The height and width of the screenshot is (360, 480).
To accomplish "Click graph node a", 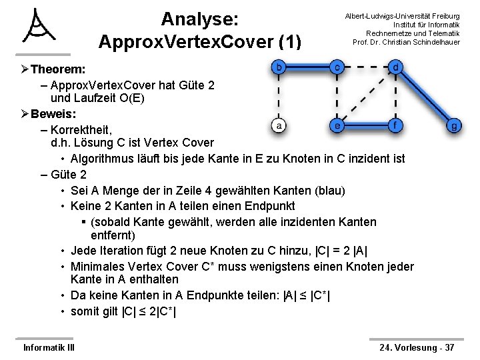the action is pyautogui.click(x=279, y=125).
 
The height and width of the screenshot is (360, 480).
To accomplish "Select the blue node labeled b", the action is pyautogui.click(x=279, y=67).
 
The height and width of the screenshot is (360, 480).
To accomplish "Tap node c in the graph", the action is pyautogui.click(x=338, y=67).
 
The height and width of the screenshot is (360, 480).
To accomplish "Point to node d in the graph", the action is pyautogui.click(x=396, y=67).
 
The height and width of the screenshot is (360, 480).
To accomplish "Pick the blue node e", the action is pyautogui.click(x=338, y=125).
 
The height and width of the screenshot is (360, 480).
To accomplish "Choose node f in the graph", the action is pyautogui.click(x=396, y=125).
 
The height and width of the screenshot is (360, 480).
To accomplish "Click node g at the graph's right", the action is pyautogui.click(x=454, y=125).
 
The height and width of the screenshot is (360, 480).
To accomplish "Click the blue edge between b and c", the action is pyautogui.click(x=308, y=67).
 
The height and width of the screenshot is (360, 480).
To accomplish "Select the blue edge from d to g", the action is pyautogui.click(x=425, y=97).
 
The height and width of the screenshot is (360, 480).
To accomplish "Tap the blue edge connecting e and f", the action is pyautogui.click(x=367, y=125).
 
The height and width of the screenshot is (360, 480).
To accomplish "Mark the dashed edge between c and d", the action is pyautogui.click(x=367, y=67).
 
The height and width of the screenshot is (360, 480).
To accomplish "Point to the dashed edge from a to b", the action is pyautogui.click(x=279, y=97).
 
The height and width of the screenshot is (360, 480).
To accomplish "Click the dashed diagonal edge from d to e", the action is pyautogui.click(x=367, y=97).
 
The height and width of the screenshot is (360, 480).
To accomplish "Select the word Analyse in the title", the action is pyautogui.click(x=199, y=18).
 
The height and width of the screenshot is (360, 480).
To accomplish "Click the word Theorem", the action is pyautogui.click(x=57, y=69).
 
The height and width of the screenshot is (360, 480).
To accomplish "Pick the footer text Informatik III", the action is pyautogui.click(x=49, y=347).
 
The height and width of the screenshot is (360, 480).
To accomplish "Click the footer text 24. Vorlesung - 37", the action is pyautogui.click(x=417, y=347).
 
